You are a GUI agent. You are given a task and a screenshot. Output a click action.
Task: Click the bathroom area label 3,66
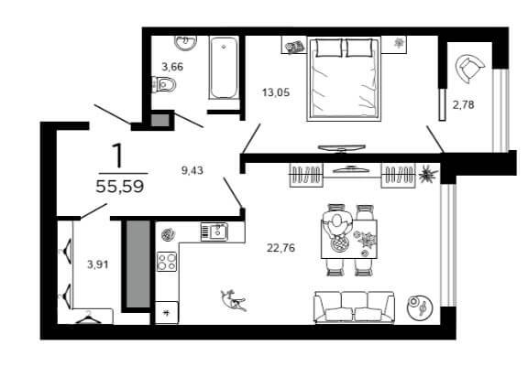click(172, 67)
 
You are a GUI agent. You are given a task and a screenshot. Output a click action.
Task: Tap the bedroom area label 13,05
click(276, 92)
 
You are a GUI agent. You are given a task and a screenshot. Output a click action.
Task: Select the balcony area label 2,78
click(463, 105)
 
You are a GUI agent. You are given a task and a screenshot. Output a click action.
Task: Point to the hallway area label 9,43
click(192, 170)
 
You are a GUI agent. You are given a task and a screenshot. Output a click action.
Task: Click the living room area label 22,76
click(280, 248)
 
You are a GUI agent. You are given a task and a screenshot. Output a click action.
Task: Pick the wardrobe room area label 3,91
click(98, 264)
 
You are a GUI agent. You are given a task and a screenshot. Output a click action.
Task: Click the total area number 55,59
click(120, 186)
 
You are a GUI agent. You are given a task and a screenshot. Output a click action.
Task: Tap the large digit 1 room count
click(118, 156)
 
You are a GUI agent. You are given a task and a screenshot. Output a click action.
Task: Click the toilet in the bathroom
click(164, 84)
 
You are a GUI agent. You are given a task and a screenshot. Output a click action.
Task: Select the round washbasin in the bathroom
click(185, 43)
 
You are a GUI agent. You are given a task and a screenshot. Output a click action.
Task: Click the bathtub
click(224, 68)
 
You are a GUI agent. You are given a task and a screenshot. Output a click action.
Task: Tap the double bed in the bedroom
click(344, 79)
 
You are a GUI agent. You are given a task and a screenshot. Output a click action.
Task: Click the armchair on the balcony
click(469, 69)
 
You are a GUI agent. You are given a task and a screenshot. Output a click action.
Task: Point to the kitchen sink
click(214, 231)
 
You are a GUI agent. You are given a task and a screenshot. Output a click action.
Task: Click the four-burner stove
click(167, 262)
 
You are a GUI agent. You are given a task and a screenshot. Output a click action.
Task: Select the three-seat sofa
click(354, 307)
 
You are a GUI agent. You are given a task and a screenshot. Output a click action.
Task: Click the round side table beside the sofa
click(419, 307)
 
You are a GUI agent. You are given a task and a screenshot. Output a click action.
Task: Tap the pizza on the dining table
click(339, 243)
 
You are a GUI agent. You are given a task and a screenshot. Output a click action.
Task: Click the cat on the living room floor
click(234, 300)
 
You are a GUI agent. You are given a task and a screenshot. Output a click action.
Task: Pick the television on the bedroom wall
click(342, 148)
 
